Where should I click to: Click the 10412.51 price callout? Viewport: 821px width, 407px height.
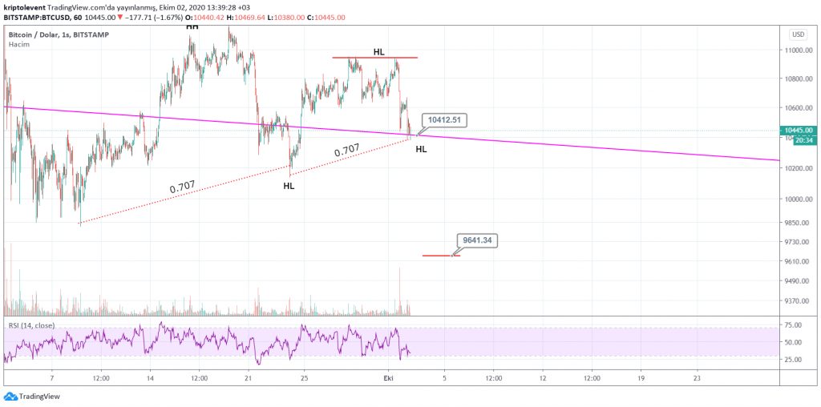(443, 119)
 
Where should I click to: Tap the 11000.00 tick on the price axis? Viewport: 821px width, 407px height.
(799, 50)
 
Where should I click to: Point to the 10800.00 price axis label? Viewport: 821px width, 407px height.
(799, 79)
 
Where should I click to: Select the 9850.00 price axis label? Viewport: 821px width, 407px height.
(799, 224)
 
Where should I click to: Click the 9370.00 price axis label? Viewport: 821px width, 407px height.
(799, 301)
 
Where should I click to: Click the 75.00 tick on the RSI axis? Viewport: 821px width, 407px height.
(794, 325)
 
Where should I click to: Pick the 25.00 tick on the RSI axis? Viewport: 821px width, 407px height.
(794, 360)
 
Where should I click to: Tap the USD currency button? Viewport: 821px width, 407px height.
(798, 34)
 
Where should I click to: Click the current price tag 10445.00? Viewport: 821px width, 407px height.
(799, 130)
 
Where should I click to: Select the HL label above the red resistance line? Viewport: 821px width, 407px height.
(378, 52)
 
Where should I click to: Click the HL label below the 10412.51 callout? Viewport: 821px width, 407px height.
(421, 149)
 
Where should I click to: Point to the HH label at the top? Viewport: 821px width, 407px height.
(192, 26)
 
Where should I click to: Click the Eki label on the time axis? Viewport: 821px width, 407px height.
(389, 378)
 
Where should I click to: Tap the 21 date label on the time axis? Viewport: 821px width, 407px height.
(249, 378)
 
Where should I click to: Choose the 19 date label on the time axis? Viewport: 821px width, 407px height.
(640, 378)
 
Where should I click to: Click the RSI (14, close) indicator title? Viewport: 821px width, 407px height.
(32, 325)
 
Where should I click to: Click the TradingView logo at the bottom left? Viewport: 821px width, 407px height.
(32, 396)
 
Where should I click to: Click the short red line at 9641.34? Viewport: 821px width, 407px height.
(439, 256)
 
